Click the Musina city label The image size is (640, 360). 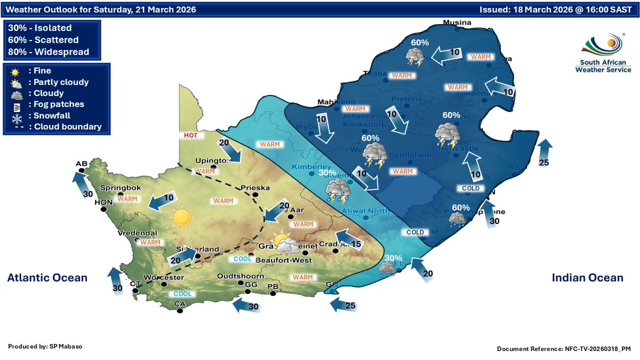click(x=458, y=22)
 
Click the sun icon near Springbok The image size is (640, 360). click(x=181, y=217)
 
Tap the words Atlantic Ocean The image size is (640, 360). click(x=47, y=277)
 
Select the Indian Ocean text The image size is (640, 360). click(x=587, y=277)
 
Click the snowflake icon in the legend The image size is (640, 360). click(x=16, y=115)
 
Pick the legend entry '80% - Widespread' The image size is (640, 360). click(x=49, y=52)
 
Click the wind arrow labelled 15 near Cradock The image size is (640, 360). click(x=347, y=239)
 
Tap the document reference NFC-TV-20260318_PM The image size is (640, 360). click(x=564, y=348)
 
